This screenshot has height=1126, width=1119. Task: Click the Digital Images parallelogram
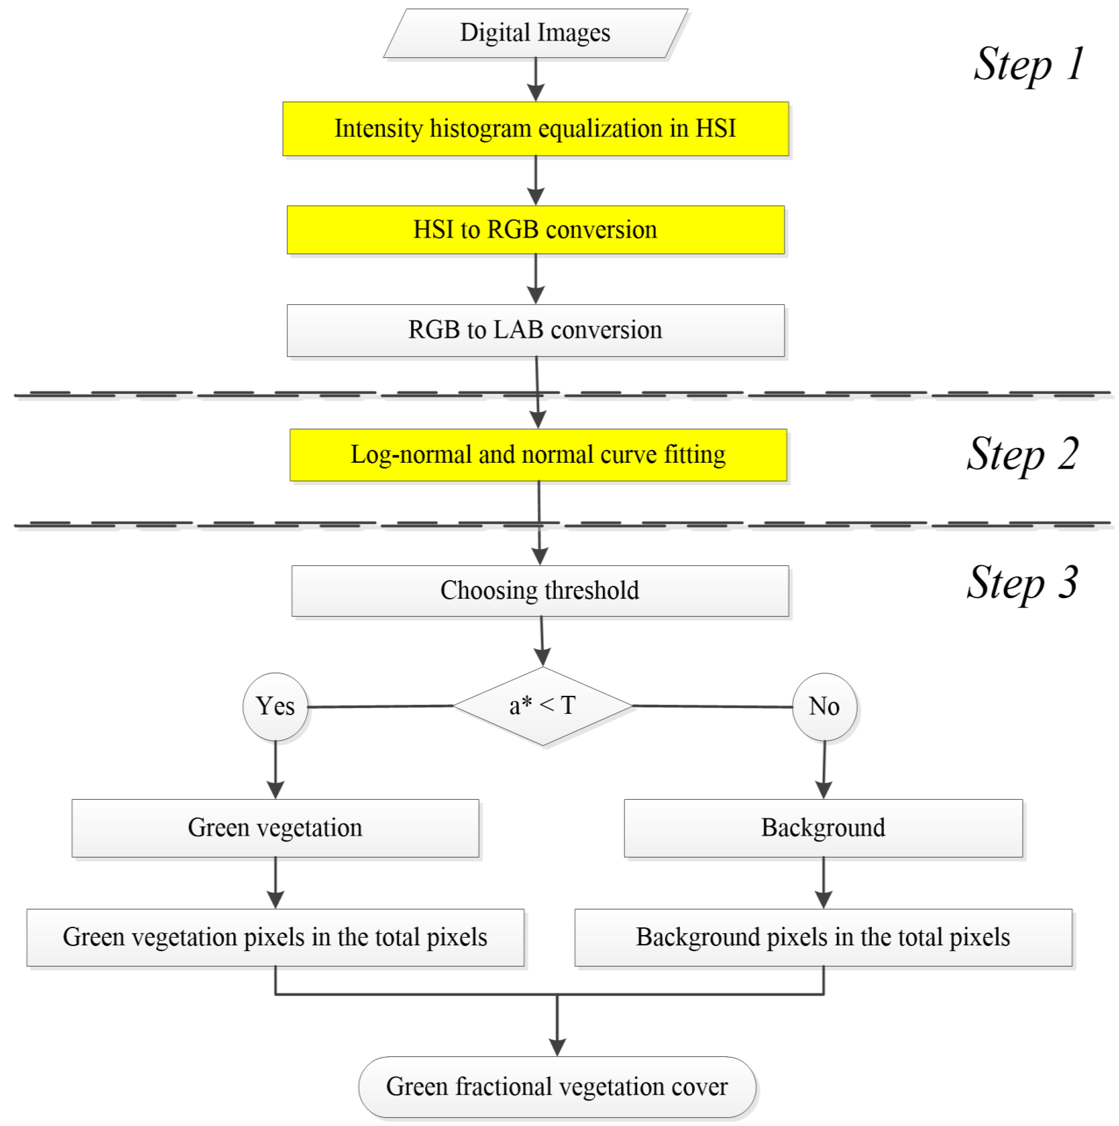tap(535, 33)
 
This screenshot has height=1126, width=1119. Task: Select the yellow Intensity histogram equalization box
tap(535, 129)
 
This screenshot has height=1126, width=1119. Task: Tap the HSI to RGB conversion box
tap(535, 230)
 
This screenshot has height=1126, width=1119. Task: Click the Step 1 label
tap(1029, 64)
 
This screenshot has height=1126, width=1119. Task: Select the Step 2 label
tap(1023, 455)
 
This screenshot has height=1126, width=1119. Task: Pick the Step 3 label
tap(1023, 583)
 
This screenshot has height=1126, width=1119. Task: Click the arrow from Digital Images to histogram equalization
tap(536, 79)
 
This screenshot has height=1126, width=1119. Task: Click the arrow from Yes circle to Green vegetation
tap(275, 769)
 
